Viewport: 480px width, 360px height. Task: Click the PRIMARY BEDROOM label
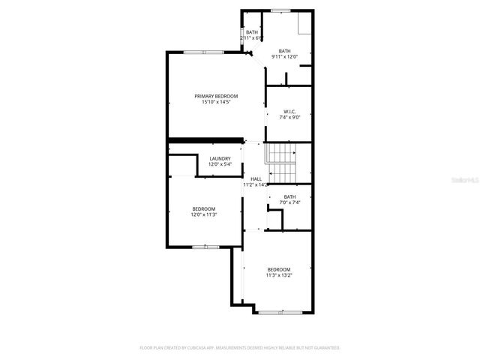(x=216, y=96)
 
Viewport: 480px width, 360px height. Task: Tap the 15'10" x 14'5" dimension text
(x=216, y=102)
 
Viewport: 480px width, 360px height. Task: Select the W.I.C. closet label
(x=289, y=111)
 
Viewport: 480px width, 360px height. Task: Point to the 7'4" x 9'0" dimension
(x=289, y=117)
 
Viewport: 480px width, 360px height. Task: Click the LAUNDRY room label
(x=220, y=158)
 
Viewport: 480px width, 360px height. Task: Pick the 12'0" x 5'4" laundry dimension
(x=220, y=164)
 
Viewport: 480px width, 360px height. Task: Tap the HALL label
(x=256, y=178)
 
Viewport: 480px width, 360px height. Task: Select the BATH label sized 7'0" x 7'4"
(x=289, y=196)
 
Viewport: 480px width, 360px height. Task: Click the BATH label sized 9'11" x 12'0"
(x=284, y=50)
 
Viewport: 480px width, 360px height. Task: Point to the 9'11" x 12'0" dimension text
(x=284, y=56)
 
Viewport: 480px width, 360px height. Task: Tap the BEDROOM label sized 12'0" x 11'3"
(x=203, y=208)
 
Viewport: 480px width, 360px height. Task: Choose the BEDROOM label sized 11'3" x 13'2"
(x=279, y=269)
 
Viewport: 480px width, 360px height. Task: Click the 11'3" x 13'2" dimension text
(x=279, y=275)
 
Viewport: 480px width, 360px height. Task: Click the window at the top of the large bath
(x=280, y=10)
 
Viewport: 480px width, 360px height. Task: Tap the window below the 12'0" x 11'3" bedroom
(x=202, y=246)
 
